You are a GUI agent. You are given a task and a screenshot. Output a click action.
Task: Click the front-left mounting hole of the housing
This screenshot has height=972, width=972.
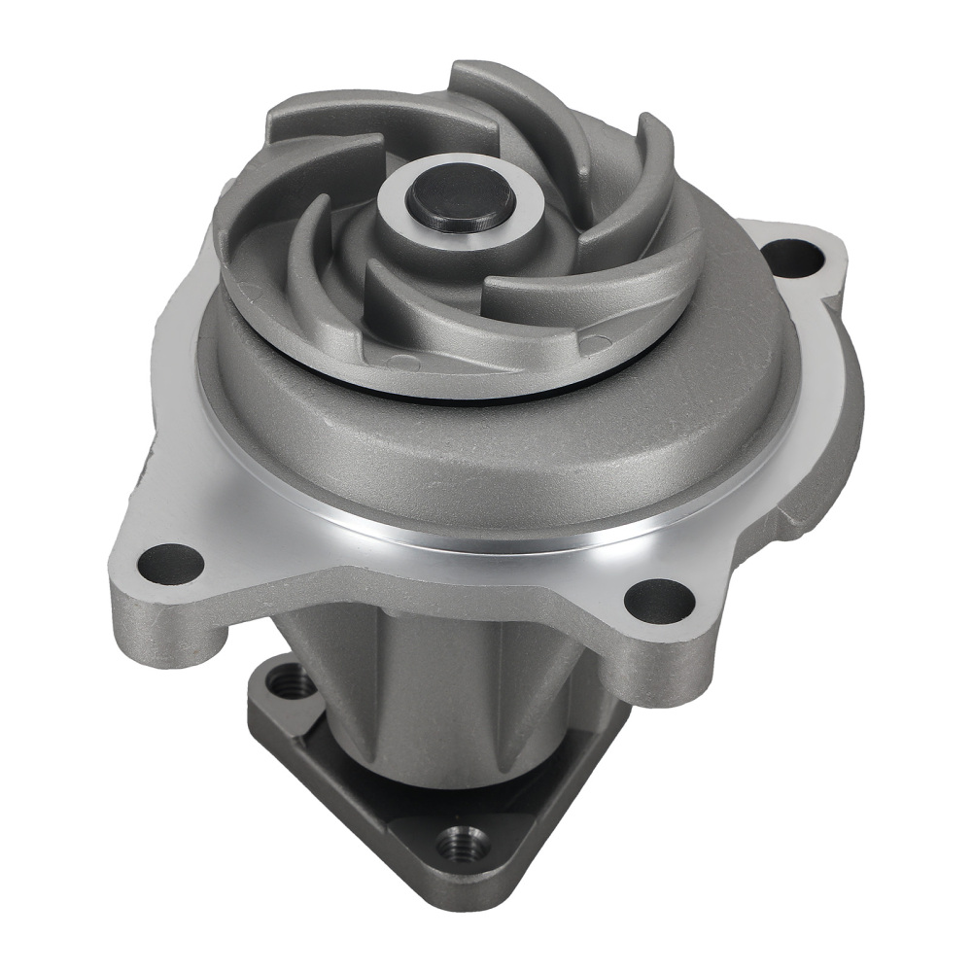tap(171, 562)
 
